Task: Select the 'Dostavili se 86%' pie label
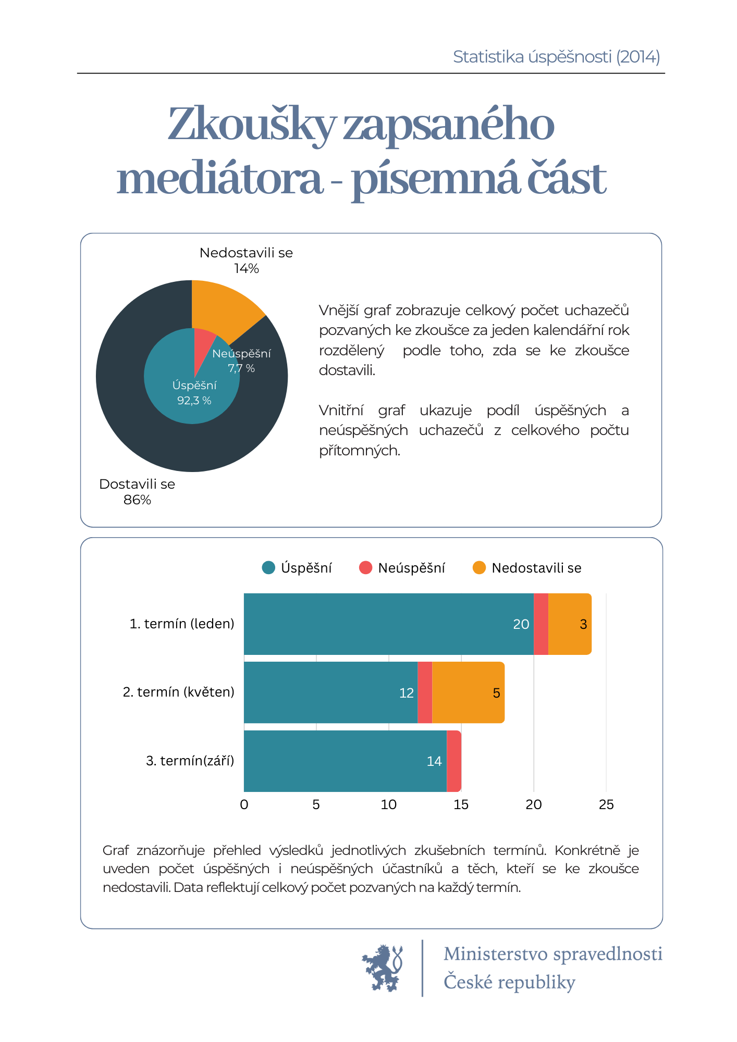137,492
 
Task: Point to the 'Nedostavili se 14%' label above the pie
246,260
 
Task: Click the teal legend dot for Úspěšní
268,568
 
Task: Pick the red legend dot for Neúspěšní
366,568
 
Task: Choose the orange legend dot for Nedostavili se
479,568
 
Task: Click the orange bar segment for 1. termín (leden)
570,624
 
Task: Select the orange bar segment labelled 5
468,692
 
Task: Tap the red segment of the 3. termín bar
454,761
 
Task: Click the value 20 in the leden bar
521,624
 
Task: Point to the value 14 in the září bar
434,762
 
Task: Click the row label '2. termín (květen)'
179,692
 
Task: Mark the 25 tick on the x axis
606,805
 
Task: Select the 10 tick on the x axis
389,805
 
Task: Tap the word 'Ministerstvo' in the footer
496,954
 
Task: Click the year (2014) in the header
638,57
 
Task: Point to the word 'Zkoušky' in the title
252,125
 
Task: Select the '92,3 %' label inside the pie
194,401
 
